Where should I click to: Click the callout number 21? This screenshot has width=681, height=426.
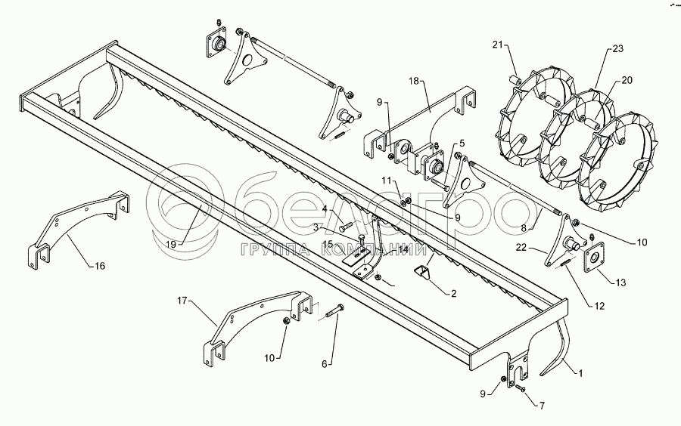pyautogui.click(x=497, y=45)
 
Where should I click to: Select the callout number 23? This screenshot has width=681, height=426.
pyautogui.click(x=617, y=49)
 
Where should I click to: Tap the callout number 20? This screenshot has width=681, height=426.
pyautogui.click(x=627, y=79)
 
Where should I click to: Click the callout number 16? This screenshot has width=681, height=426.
pyautogui.click(x=100, y=266)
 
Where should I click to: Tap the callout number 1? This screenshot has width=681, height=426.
pyautogui.click(x=580, y=372)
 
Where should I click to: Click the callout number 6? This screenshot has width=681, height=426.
pyautogui.click(x=325, y=363)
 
